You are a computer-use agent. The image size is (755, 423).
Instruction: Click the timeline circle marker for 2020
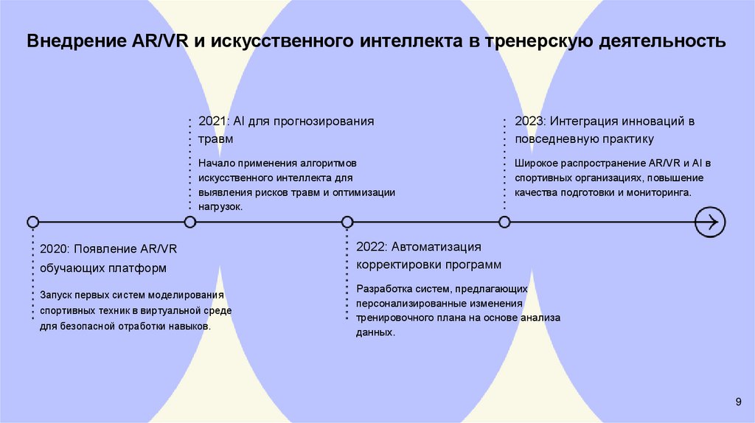click(x=32, y=222)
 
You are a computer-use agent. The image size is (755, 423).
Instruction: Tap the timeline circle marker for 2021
click(x=190, y=222)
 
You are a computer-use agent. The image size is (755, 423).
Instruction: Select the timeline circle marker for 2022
click(x=347, y=222)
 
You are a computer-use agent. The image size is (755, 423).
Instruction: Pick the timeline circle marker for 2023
click(x=504, y=222)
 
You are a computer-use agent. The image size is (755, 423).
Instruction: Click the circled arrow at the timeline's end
click(x=710, y=222)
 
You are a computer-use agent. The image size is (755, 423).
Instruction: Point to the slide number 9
click(x=738, y=401)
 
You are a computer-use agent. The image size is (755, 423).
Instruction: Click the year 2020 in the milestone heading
click(x=54, y=250)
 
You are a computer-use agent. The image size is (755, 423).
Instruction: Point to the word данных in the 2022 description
click(x=375, y=332)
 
